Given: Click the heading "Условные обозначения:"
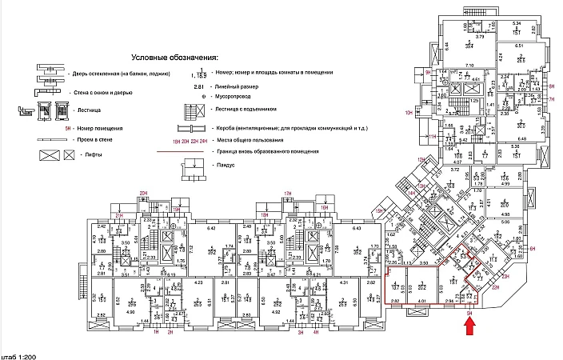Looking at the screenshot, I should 174,58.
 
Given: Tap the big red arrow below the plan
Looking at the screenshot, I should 470,324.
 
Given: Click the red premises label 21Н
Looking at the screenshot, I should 118,216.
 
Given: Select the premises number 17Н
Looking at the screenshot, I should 287,194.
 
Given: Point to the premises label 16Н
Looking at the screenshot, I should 325,207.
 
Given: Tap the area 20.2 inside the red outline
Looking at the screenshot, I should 421,286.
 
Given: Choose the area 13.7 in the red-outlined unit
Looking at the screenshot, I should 397,286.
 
